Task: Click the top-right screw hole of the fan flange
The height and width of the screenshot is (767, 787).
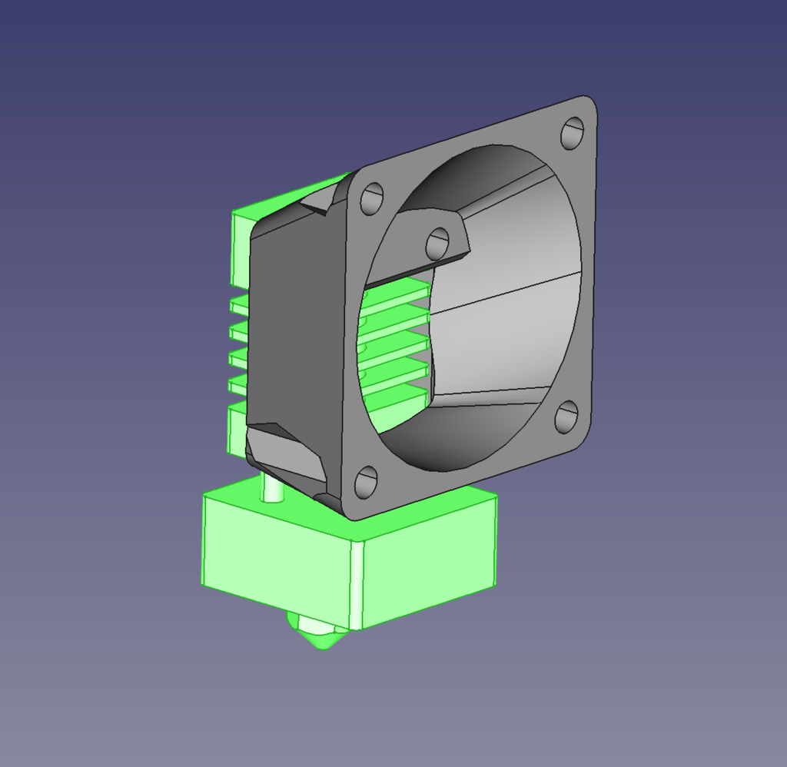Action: [572, 133]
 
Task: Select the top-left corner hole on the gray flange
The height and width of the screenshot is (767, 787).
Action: [371, 198]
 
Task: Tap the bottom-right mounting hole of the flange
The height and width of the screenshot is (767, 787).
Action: [566, 417]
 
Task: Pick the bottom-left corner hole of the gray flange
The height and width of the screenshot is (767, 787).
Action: [365, 482]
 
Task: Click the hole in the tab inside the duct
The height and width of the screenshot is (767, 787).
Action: [437, 244]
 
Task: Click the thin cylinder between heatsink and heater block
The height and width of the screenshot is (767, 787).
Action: [271, 486]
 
